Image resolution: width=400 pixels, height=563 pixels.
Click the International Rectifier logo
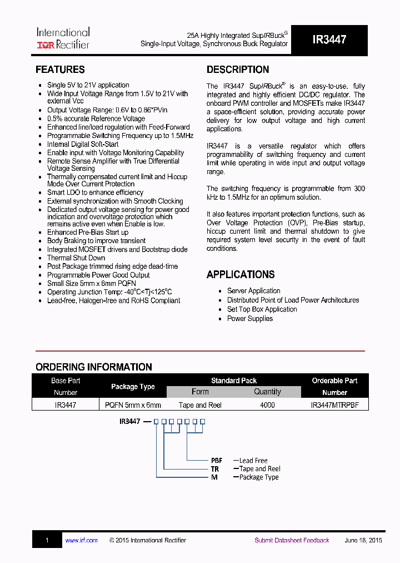(x=63, y=38)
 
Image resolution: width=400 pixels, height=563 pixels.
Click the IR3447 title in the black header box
(x=329, y=40)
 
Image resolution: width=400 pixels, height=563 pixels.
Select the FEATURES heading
(x=60, y=70)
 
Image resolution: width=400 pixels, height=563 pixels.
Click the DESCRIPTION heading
(x=238, y=70)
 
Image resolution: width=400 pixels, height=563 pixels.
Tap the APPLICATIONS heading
(x=241, y=274)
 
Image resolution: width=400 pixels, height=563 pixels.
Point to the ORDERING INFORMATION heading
(x=94, y=367)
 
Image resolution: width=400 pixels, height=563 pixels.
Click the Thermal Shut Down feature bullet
(x=76, y=258)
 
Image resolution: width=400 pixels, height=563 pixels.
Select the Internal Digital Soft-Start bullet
(x=83, y=144)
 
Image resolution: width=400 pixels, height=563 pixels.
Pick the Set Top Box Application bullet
(x=262, y=309)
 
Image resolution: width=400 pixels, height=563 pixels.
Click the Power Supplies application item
(x=249, y=319)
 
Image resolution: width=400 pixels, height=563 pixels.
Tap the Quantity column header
(x=267, y=392)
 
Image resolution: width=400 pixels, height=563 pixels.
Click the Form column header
(x=200, y=392)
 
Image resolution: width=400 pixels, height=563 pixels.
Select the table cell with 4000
(x=267, y=405)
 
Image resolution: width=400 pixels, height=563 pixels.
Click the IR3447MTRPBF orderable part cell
(x=334, y=405)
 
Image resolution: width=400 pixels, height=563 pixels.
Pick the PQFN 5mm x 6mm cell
(x=133, y=405)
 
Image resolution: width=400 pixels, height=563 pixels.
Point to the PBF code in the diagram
(x=217, y=461)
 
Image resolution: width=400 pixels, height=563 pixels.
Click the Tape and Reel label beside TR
(x=259, y=469)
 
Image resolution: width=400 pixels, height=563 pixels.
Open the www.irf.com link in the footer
(x=81, y=540)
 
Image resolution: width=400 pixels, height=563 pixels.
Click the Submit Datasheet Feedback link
(x=292, y=540)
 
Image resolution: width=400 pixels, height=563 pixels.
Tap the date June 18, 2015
(x=363, y=540)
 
